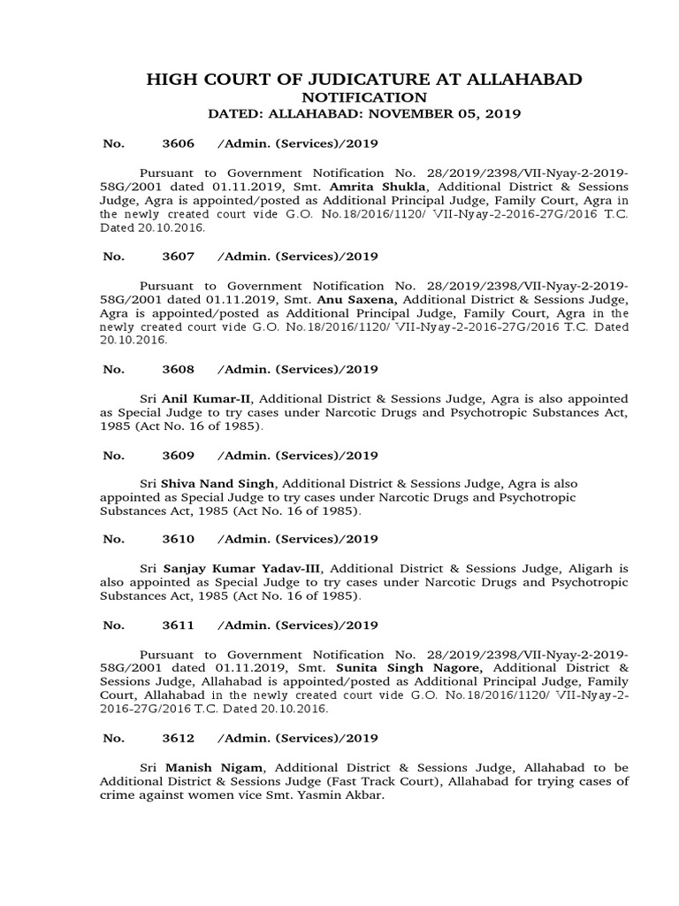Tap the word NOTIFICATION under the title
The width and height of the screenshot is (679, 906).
pyautogui.click(x=364, y=97)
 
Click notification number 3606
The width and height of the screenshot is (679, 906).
pyautogui.click(x=172, y=143)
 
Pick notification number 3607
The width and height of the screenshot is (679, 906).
pyautogui.click(x=172, y=257)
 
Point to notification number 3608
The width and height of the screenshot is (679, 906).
pyautogui.click(x=172, y=370)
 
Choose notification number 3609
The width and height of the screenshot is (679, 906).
pyautogui.click(x=172, y=456)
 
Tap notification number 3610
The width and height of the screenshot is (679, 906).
pyautogui.click(x=172, y=539)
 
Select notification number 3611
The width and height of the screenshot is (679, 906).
pyautogui.click(x=172, y=626)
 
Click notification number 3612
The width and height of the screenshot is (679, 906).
pyautogui.click(x=172, y=738)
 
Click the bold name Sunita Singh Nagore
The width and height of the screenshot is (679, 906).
pyautogui.click(x=431, y=667)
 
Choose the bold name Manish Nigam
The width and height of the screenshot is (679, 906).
pyautogui.click(x=200, y=767)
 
